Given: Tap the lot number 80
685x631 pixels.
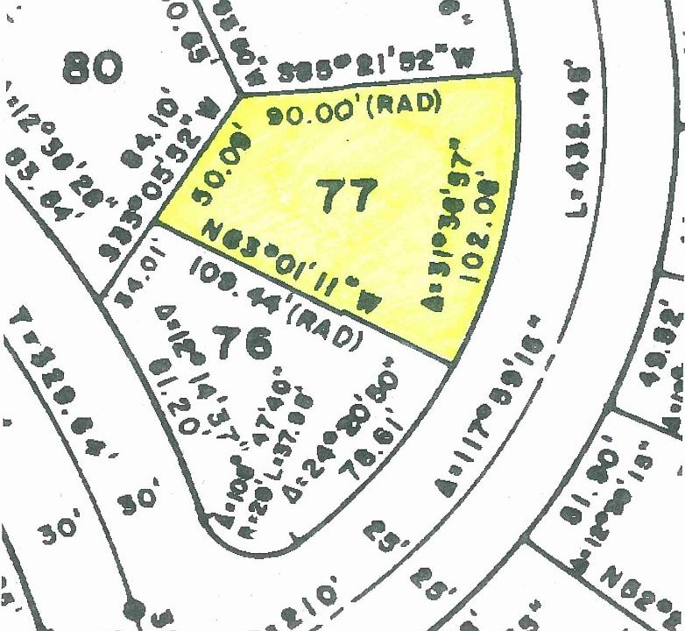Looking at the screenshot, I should pos(89,66).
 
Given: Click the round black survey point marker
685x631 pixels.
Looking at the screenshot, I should pos(134,606).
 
